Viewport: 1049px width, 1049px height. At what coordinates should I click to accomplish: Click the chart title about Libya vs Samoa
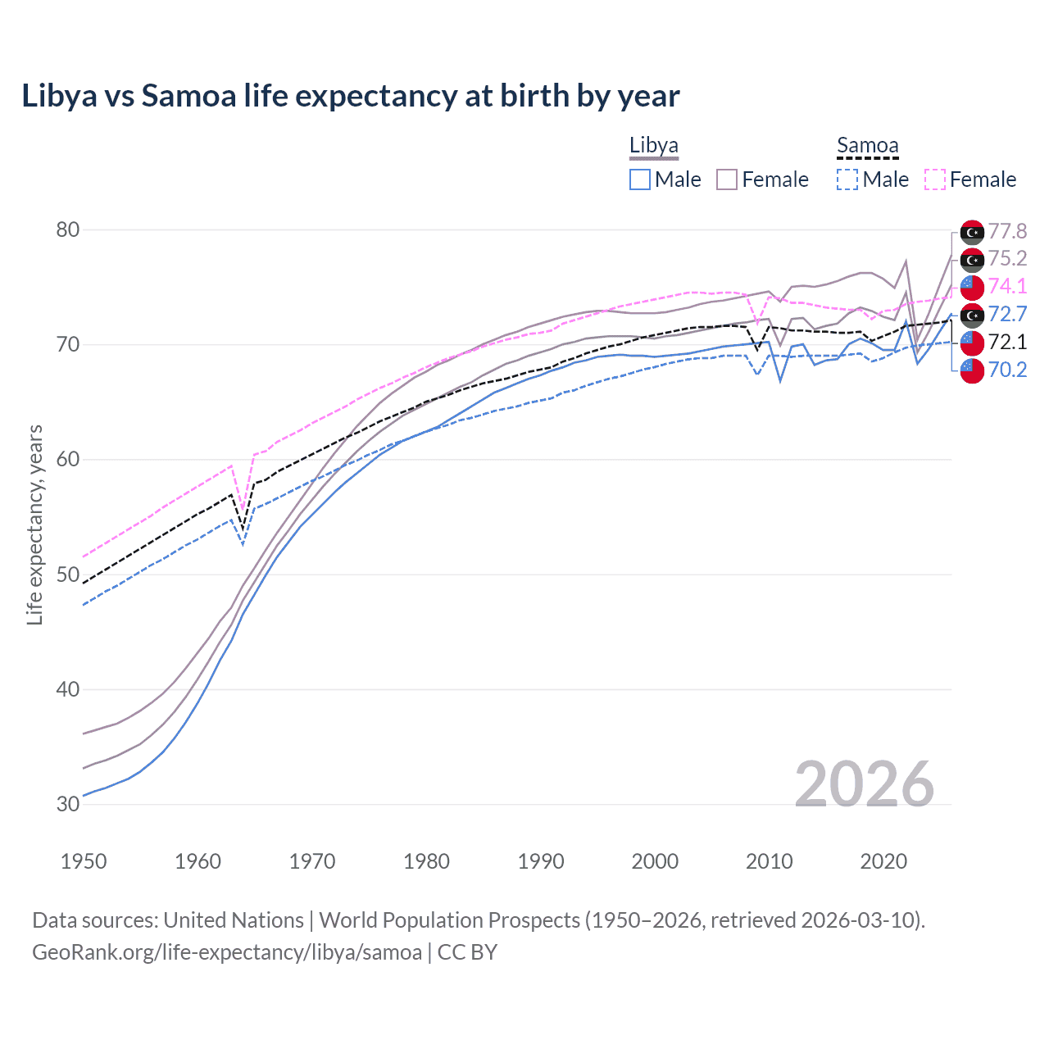pos(350,96)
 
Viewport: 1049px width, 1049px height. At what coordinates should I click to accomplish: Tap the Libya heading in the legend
pos(653,146)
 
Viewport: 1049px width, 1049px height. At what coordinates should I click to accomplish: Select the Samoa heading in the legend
pos(867,146)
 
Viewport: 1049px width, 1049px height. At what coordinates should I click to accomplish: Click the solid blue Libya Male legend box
pos(640,179)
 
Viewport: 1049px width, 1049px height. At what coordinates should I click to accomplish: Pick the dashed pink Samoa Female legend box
pos(935,179)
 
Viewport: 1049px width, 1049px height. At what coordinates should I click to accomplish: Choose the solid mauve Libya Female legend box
pos(727,179)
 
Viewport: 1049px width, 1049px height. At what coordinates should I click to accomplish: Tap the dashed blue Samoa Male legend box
pos(848,179)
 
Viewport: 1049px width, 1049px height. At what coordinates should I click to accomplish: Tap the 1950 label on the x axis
pos(84,861)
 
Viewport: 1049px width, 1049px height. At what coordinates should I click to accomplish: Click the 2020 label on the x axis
pos(883,861)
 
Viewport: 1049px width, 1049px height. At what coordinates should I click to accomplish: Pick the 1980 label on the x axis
pos(426,861)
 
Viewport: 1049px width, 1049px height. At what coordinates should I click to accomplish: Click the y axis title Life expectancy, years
pos(34,524)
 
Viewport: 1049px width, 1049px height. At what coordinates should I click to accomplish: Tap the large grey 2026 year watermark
pos(864,784)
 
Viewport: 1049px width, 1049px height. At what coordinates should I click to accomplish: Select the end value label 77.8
pos(1007,231)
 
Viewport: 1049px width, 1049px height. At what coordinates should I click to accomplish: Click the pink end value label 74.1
pos(1007,286)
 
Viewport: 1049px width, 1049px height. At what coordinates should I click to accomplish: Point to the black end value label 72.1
pos(1007,342)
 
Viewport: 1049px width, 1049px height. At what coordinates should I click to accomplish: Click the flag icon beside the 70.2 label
pos(972,370)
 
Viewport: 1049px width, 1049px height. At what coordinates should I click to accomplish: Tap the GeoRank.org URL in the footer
pos(226,952)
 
